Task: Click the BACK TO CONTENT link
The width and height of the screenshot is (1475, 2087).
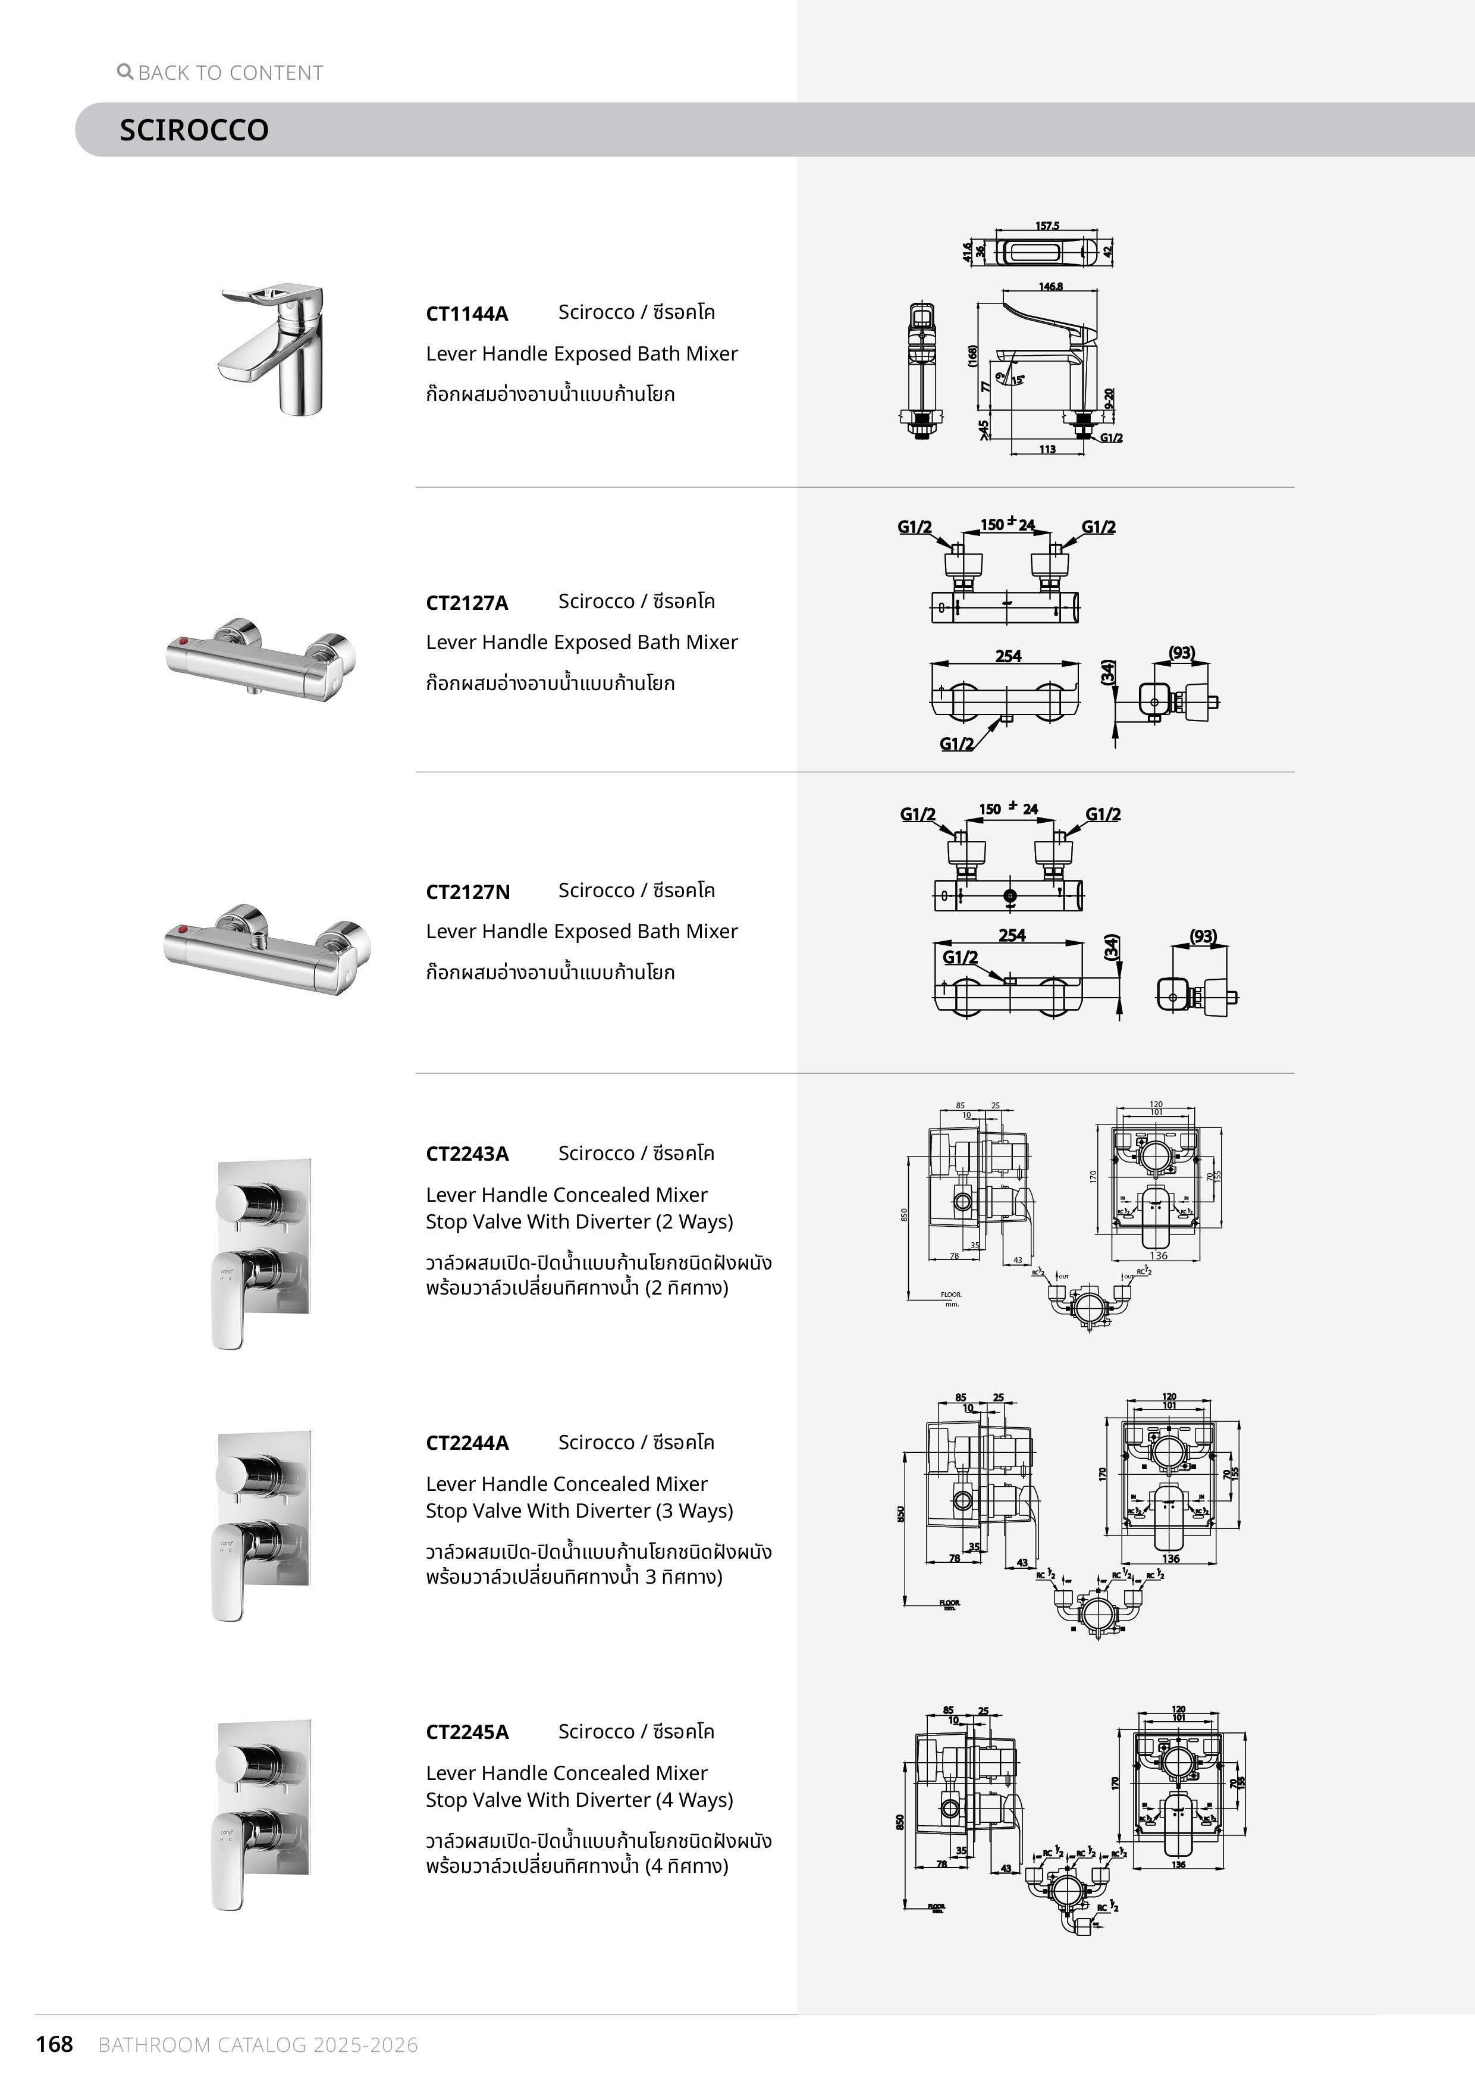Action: [x=230, y=73]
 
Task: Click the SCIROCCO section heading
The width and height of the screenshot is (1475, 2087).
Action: [x=193, y=130]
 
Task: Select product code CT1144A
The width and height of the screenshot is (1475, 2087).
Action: [x=467, y=314]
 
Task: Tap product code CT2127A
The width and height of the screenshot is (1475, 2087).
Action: [x=467, y=603]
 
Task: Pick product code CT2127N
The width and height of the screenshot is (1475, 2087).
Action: [x=467, y=892]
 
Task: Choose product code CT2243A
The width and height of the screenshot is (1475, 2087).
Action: [x=467, y=1154]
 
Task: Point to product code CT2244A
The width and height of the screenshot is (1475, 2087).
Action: [x=467, y=1443]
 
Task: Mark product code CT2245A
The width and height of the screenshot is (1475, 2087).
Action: [x=467, y=1732]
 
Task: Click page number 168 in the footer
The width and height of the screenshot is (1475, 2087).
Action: [x=55, y=2044]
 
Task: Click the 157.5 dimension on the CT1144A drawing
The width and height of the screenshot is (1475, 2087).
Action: [x=1047, y=225]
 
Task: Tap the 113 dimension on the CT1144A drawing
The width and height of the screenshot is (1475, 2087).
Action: [x=1047, y=449]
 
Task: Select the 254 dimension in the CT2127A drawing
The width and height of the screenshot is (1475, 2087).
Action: [x=1008, y=656]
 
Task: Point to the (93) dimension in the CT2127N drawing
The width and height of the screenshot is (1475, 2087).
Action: [x=1203, y=935]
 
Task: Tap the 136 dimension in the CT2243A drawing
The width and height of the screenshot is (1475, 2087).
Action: [x=1158, y=1255]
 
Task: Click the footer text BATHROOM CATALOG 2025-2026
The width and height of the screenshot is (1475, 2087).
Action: [x=258, y=2045]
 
